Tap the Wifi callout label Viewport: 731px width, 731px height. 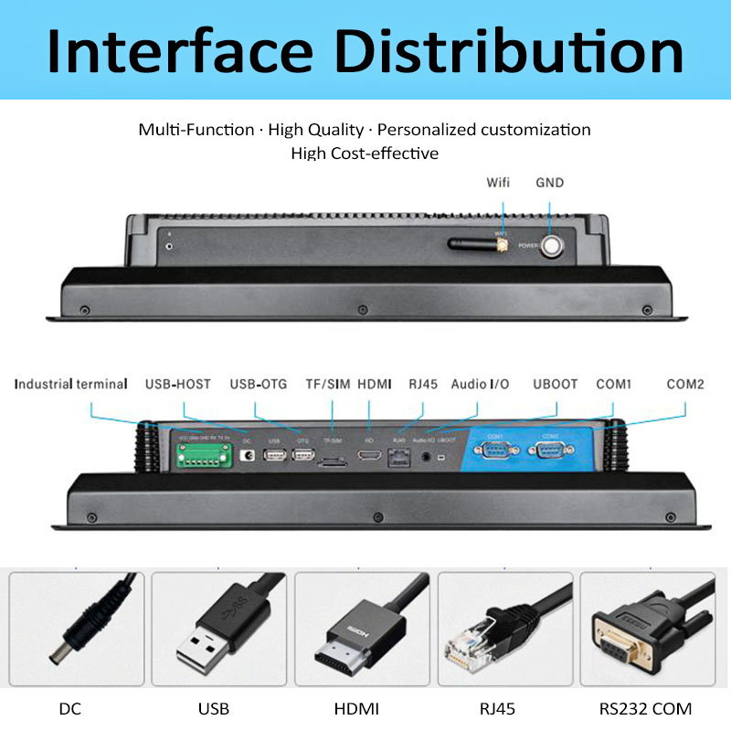tap(498, 183)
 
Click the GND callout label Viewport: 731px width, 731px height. tap(549, 183)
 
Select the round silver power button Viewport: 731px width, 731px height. tap(553, 245)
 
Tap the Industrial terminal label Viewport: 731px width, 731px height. tap(70, 384)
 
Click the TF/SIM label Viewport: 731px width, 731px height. tap(325, 384)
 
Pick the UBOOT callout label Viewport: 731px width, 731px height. tap(555, 384)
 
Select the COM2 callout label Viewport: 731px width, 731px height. tap(684, 384)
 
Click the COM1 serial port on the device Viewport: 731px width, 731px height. tap(497, 451)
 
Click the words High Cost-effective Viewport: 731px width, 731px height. tap(365, 154)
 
